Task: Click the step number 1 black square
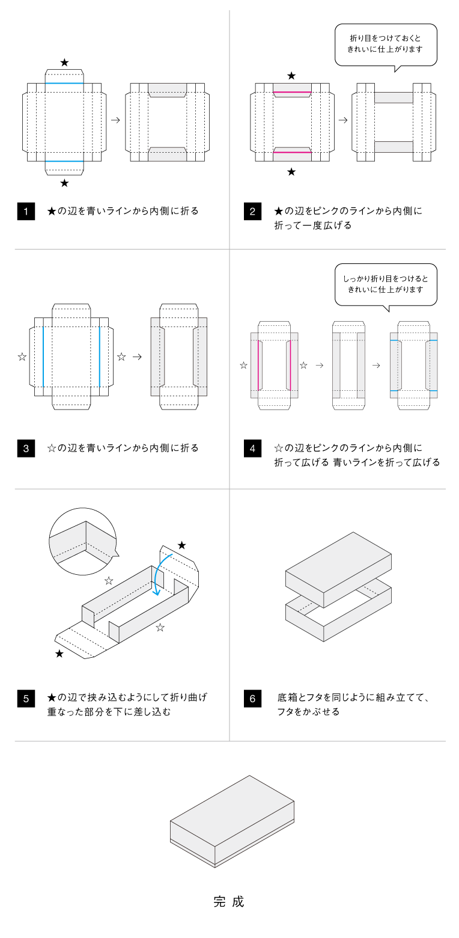click(x=25, y=212)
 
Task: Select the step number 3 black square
click(x=25, y=449)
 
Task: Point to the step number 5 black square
click(x=25, y=699)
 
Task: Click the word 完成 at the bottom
click(x=229, y=902)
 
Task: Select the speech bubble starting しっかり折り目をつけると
click(x=386, y=284)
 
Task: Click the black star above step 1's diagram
click(x=64, y=63)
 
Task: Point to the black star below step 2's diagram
click(x=291, y=172)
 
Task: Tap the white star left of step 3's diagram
click(x=22, y=357)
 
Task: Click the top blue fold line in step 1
click(x=64, y=83)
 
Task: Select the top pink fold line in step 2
click(x=292, y=93)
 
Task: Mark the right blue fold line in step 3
click(x=99, y=357)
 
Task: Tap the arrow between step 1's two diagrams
click(x=115, y=120)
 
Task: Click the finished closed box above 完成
click(x=233, y=821)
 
